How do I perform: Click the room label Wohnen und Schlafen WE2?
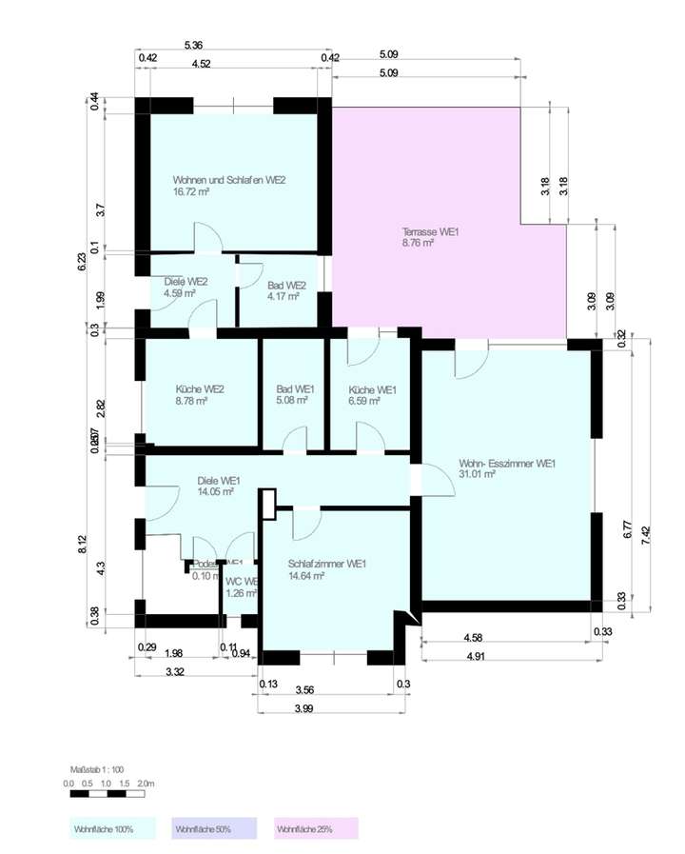tap(229, 179)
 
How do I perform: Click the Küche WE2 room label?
tap(200, 389)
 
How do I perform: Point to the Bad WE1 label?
tap(295, 389)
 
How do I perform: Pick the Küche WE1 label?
tap(372, 389)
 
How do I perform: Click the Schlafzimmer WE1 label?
tap(327, 564)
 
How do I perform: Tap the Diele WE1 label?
tap(219, 481)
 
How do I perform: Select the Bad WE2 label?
tap(286, 285)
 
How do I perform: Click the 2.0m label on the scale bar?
tap(147, 783)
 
